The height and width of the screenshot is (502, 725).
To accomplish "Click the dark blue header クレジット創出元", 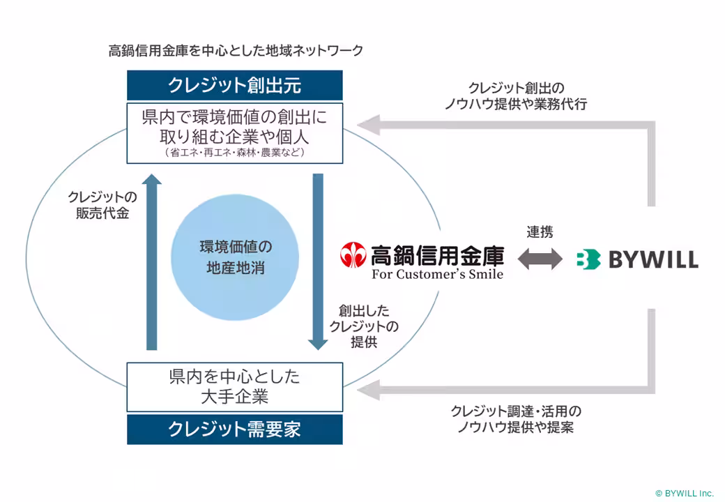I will click(x=234, y=85).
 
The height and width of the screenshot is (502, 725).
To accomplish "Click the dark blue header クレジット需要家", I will click(x=234, y=429).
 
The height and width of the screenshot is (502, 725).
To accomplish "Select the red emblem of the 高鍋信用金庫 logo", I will click(x=353, y=256).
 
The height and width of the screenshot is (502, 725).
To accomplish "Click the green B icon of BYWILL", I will click(x=588, y=259).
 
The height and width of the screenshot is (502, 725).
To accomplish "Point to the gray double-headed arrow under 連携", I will click(x=540, y=259).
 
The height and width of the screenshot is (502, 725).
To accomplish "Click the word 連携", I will click(x=540, y=231).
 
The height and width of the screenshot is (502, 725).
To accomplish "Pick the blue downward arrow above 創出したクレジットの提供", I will click(x=318, y=261).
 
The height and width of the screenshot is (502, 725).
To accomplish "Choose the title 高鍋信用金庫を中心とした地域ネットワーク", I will click(x=236, y=51).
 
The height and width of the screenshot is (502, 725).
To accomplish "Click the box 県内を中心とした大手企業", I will click(x=234, y=386).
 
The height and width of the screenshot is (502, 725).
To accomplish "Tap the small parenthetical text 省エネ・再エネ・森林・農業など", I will click(x=234, y=152).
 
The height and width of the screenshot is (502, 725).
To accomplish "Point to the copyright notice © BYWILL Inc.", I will click(x=684, y=493).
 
